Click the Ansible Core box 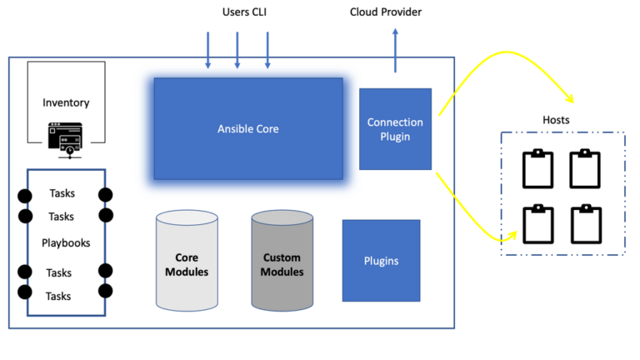(247, 128)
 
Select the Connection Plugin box (395, 129)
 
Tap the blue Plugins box (381, 261)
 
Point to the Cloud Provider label (385, 12)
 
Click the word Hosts (555, 120)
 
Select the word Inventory (66, 102)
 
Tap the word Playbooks (66, 242)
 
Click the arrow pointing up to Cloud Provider (395, 50)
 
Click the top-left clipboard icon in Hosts (537, 168)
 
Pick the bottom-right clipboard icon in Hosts (586, 223)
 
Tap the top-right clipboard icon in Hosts (586, 168)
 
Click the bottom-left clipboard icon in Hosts (537, 223)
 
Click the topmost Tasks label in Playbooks (61, 193)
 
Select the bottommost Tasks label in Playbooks (58, 296)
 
